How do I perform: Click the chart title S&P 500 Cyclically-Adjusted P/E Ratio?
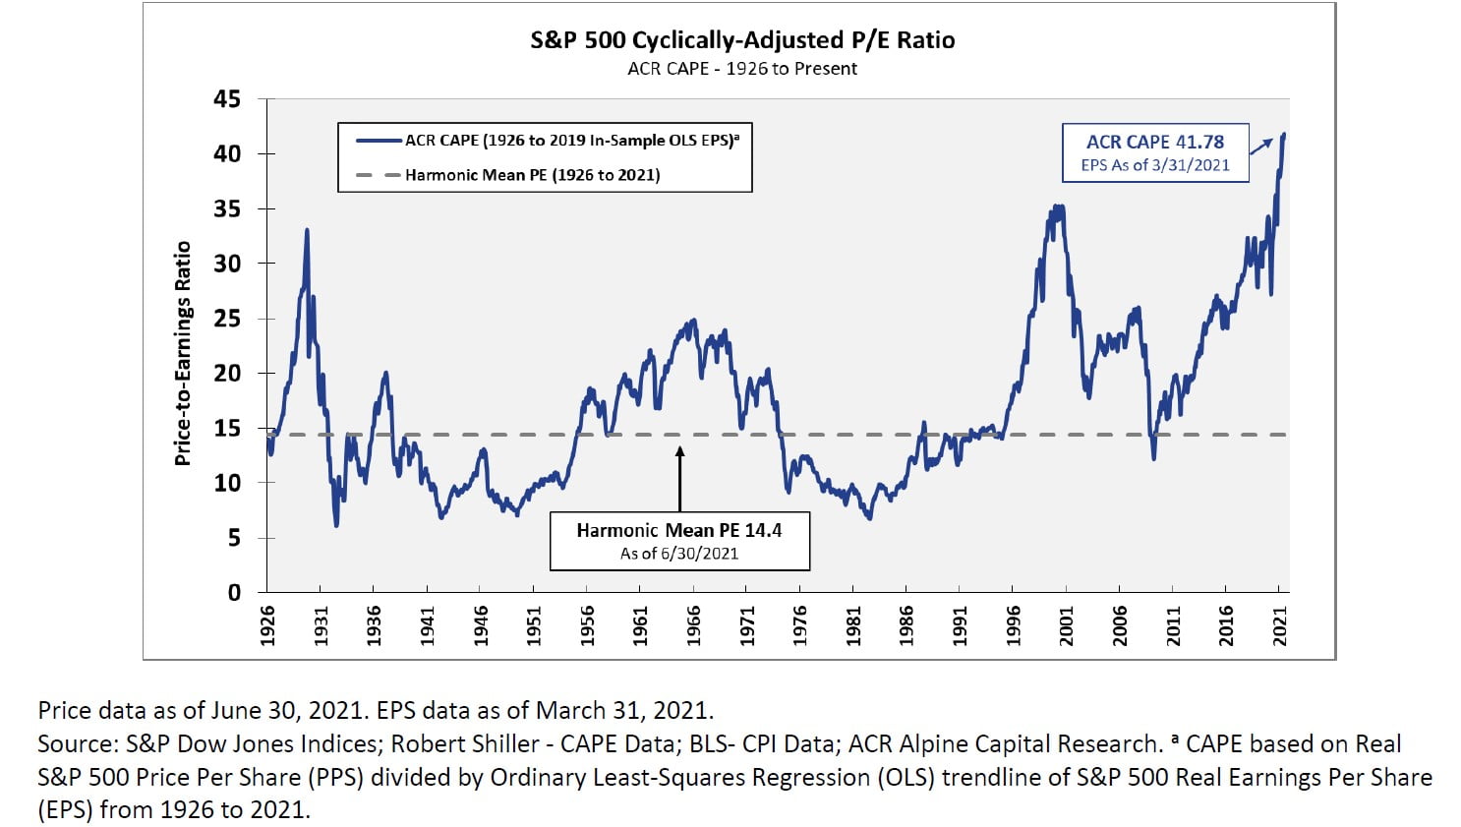tap(742, 40)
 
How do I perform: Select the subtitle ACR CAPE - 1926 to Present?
tap(742, 69)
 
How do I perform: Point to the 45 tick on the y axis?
tap(227, 99)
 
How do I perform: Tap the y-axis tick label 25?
tap(227, 319)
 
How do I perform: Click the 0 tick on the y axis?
tap(234, 593)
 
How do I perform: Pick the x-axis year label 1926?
tap(267, 625)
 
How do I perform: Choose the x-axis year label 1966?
tap(694, 625)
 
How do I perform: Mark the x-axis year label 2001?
tap(1067, 625)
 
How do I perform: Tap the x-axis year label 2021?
tap(1280, 625)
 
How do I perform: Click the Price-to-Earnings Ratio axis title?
tap(182, 354)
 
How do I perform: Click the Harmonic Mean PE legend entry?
tap(532, 175)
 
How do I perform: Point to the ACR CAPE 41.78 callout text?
tap(1155, 143)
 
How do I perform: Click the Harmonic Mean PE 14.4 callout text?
tap(679, 530)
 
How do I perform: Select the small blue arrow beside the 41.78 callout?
tap(1261, 147)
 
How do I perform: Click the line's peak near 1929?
tap(307, 230)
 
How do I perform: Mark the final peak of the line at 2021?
tap(1284, 135)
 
